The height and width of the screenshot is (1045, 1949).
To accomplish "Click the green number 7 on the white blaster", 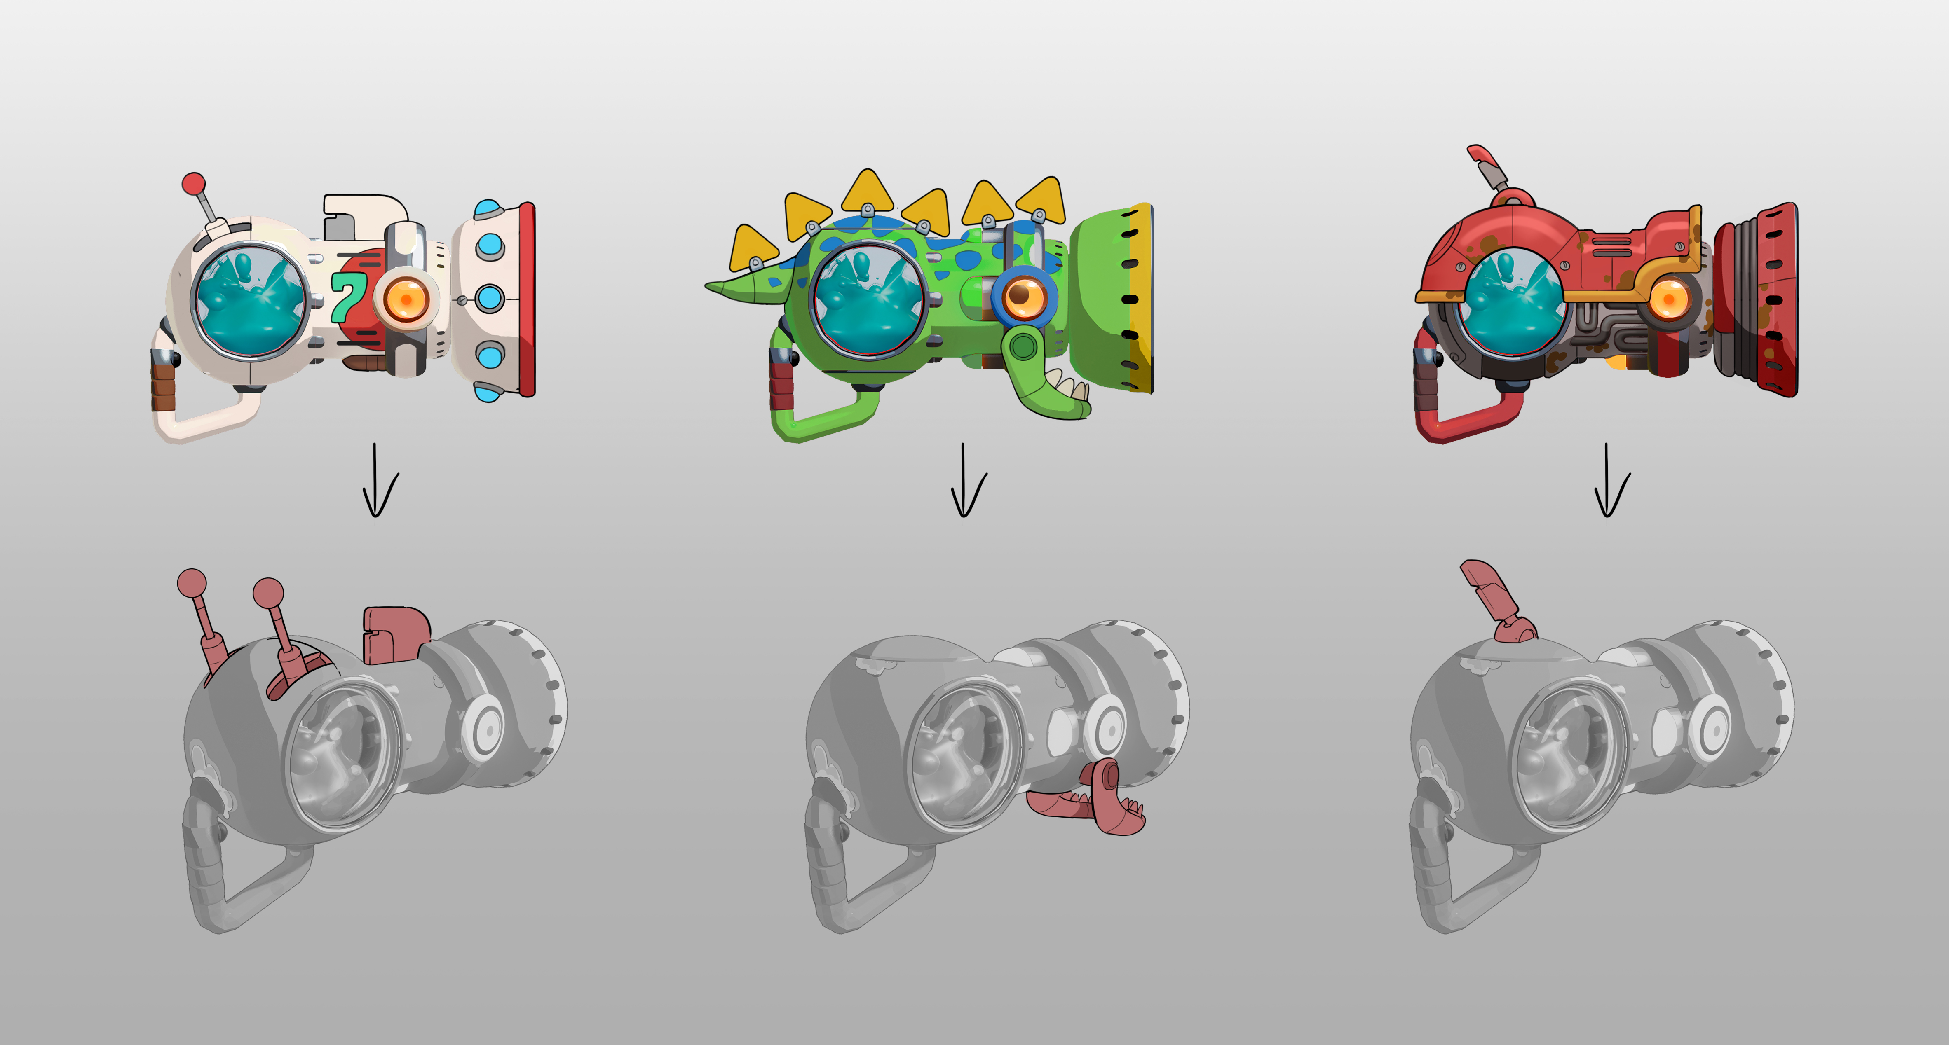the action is (x=348, y=297).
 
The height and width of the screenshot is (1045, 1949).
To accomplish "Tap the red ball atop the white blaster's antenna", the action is (x=194, y=184).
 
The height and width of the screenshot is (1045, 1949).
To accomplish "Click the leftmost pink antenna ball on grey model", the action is (x=192, y=583).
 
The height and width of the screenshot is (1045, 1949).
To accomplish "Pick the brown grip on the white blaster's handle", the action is (x=164, y=386).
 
